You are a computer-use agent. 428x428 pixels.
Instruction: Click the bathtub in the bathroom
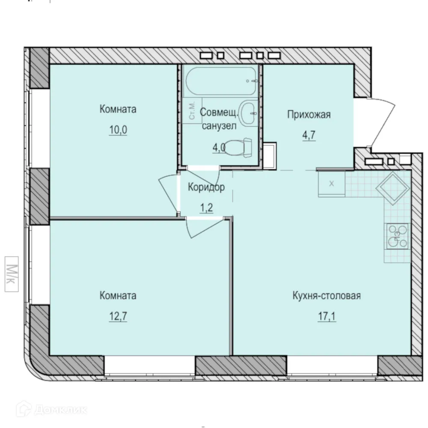coord(221,81)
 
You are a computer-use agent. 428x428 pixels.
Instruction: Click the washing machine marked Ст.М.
coord(192,110)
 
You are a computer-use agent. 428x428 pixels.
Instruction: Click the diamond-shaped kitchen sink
coord(393,188)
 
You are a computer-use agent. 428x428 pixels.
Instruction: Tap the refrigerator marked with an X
coord(331,184)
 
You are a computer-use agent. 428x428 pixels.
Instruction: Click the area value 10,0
coord(118,130)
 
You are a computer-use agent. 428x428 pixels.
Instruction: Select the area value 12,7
coord(118,316)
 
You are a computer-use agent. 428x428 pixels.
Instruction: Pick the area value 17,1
coord(327,316)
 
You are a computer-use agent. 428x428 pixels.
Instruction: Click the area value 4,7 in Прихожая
coord(309,135)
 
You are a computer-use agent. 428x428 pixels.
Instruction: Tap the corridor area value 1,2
coord(207,208)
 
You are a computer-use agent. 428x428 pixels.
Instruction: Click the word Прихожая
coord(309,115)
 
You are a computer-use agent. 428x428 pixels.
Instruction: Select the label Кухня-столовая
coord(327,296)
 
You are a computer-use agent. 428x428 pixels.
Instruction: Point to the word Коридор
coord(206,187)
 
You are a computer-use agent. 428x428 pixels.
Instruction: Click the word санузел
coord(219,126)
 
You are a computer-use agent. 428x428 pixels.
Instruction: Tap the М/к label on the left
coord(12,274)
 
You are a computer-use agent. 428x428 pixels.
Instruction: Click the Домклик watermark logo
coord(52,410)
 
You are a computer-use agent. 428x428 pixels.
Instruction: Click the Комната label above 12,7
coord(118,296)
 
